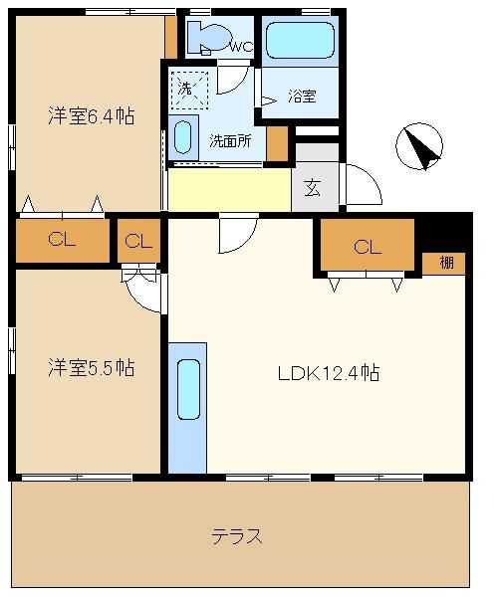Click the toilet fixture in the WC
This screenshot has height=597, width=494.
click(209, 38)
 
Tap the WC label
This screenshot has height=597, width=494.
click(242, 47)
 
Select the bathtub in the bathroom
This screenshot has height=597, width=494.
click(301, 40)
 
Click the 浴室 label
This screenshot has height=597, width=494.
click(302, 96)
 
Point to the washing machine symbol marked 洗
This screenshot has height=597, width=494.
click(189, 90)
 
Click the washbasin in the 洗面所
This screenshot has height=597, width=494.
click(182, 137)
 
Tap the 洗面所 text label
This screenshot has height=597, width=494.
click(230, 141)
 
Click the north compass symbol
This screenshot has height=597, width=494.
click(419, 146)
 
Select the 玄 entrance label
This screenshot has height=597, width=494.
click(313, 187)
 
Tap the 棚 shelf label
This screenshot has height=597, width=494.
click(447, 263)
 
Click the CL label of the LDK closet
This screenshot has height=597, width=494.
click(368, 247)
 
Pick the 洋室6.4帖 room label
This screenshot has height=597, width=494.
click(92, 115)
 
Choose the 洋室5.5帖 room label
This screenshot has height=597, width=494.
click(92, 368)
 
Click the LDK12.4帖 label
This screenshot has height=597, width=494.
click(329, 373)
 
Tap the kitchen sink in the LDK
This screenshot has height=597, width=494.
click(188, 389)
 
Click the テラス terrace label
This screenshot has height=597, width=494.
click(237, 536)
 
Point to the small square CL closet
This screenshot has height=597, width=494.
click(138, 241)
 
